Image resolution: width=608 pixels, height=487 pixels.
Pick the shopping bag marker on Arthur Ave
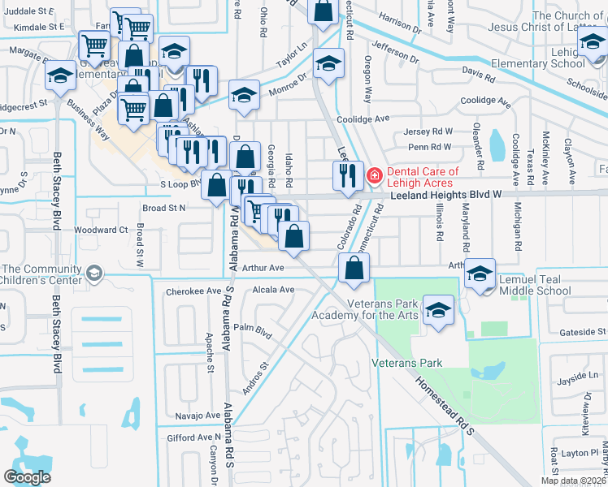pos(354,269)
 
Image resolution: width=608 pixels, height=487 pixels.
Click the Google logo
pos(28,476)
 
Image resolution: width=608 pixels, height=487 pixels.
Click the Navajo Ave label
pos(198,415)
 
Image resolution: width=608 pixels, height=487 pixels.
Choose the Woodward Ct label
pos(101,231)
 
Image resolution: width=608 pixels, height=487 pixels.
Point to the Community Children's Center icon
pos(95,273)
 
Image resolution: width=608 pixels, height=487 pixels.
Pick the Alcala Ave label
pos(273,290)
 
